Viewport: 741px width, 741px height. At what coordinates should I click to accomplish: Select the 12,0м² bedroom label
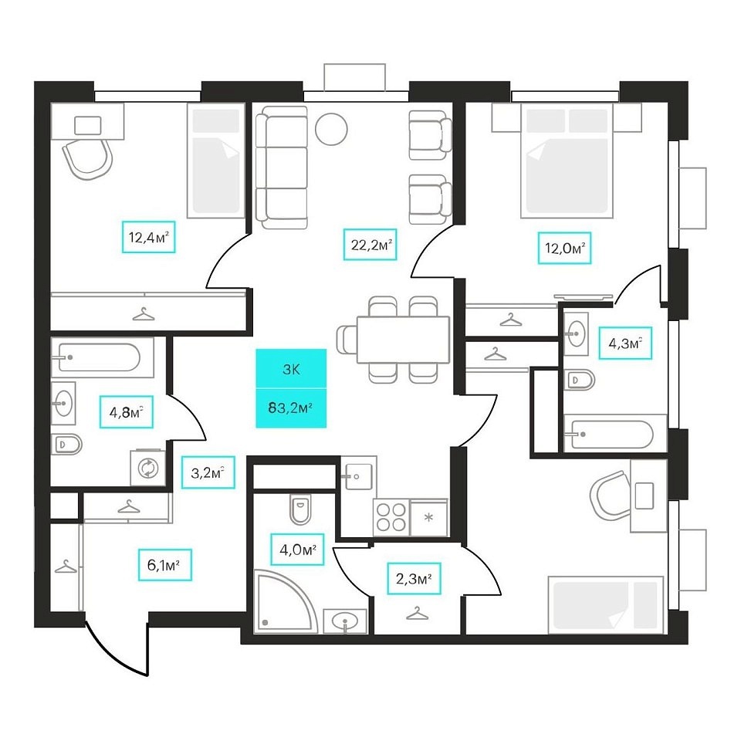click(x=563, y=249)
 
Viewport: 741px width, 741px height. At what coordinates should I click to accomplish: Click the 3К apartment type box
click(x=291, y=369)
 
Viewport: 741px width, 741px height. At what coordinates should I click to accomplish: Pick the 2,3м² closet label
click(x=414, y=578)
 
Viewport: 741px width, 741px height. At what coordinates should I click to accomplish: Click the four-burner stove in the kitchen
click(x=390, y=516)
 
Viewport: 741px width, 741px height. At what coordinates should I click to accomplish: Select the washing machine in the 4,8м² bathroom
click(x=147, y=467)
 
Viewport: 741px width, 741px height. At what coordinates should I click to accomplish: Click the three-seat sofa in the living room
click(x=281, y=167)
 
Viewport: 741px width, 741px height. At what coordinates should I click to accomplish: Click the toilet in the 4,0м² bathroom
click(x=299, y=509)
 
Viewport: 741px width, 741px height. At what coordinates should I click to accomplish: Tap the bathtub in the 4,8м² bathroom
click(x=103, y=357)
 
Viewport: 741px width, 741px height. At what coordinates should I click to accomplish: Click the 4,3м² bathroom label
click(x=625, y=343)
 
